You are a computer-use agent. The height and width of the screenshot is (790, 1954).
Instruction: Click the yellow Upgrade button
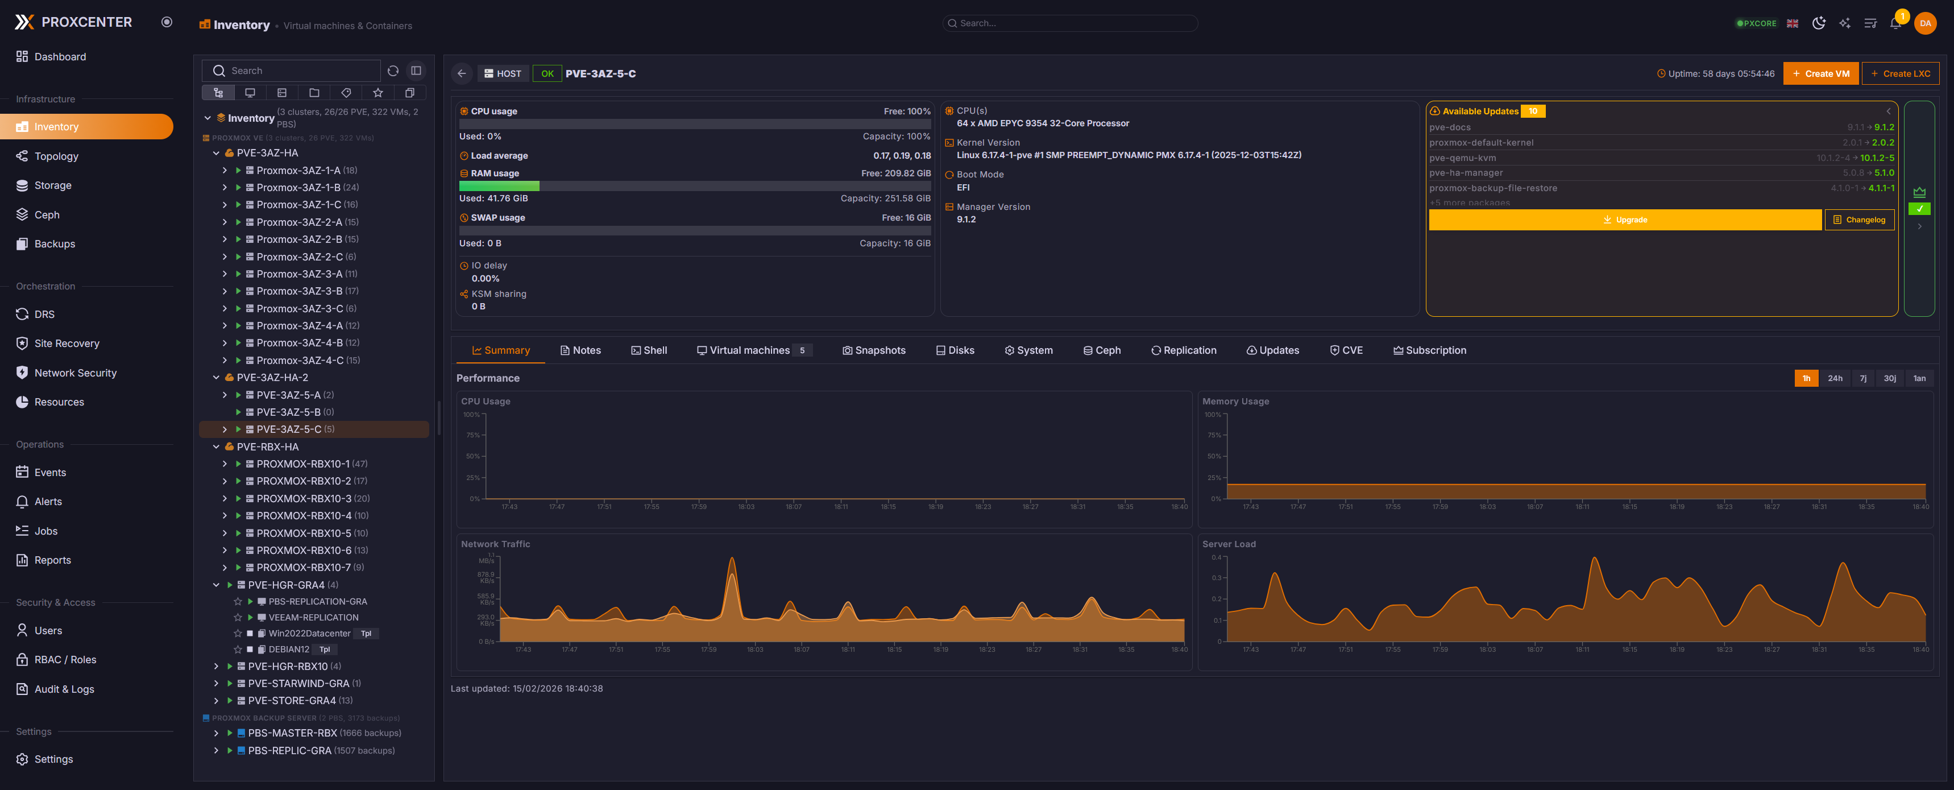[1624, 220]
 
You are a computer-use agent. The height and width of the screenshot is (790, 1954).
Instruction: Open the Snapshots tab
[873, 350]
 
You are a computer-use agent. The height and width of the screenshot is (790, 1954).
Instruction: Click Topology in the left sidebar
[56, 156]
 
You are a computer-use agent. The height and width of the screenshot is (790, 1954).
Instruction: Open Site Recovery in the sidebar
[67, 344]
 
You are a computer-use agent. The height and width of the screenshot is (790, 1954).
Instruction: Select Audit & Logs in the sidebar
[64, 689]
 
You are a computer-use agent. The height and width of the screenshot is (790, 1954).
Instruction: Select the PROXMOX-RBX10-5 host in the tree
[304, 533]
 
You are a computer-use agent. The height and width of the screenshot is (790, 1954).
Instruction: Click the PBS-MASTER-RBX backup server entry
[292, 733]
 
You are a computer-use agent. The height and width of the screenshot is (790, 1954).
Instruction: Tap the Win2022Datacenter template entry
[309, 634]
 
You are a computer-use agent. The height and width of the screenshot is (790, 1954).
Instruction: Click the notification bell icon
[1895, 23]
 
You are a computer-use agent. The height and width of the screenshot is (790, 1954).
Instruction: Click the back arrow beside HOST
[461, 73]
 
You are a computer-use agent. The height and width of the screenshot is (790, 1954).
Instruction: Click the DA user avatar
[1924, 23]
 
